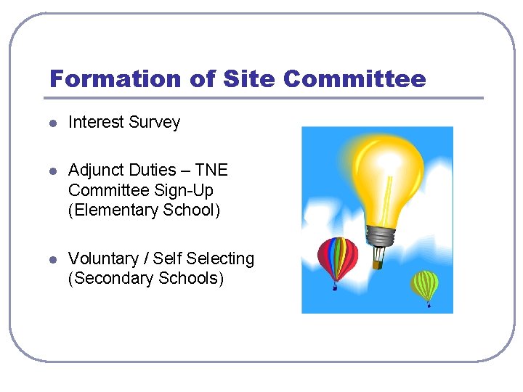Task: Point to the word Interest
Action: pyautogui.click(x=96, y=123)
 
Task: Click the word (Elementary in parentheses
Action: pyautogui.click(x=113, y=211)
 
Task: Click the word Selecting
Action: pyautogui.click(x=221, y=259)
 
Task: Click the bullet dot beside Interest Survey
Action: pyautogui.click(x=52, y=123)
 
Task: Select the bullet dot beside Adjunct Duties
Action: pyautogui.click(x=52, y=171)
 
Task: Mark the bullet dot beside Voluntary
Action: pyautogui.click(x=52, y=260)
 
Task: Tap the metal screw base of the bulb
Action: pyautogui.click(x=381, y=235)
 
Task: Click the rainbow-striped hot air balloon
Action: pyautogui.click(x=338, y=257)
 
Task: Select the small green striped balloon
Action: pyautogui.click(x=426, y=285)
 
